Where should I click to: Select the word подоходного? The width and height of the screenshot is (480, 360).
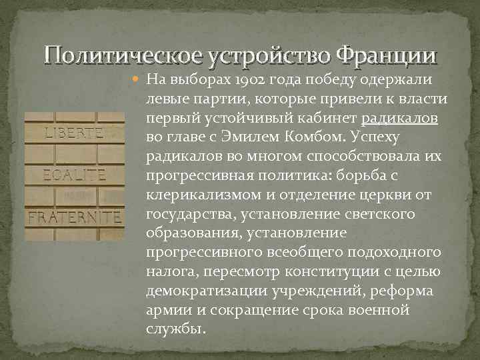click(393, 254)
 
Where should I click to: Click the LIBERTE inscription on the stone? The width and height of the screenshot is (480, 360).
click(73, 132)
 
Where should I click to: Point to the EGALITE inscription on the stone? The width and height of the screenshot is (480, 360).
click(74, 175)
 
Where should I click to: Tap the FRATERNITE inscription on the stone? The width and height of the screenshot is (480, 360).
click(74, 217)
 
